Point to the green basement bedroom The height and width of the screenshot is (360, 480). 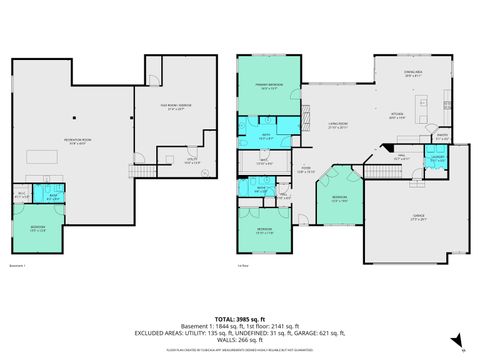[36, 231]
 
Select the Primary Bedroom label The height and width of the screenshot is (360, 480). [268, 87]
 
